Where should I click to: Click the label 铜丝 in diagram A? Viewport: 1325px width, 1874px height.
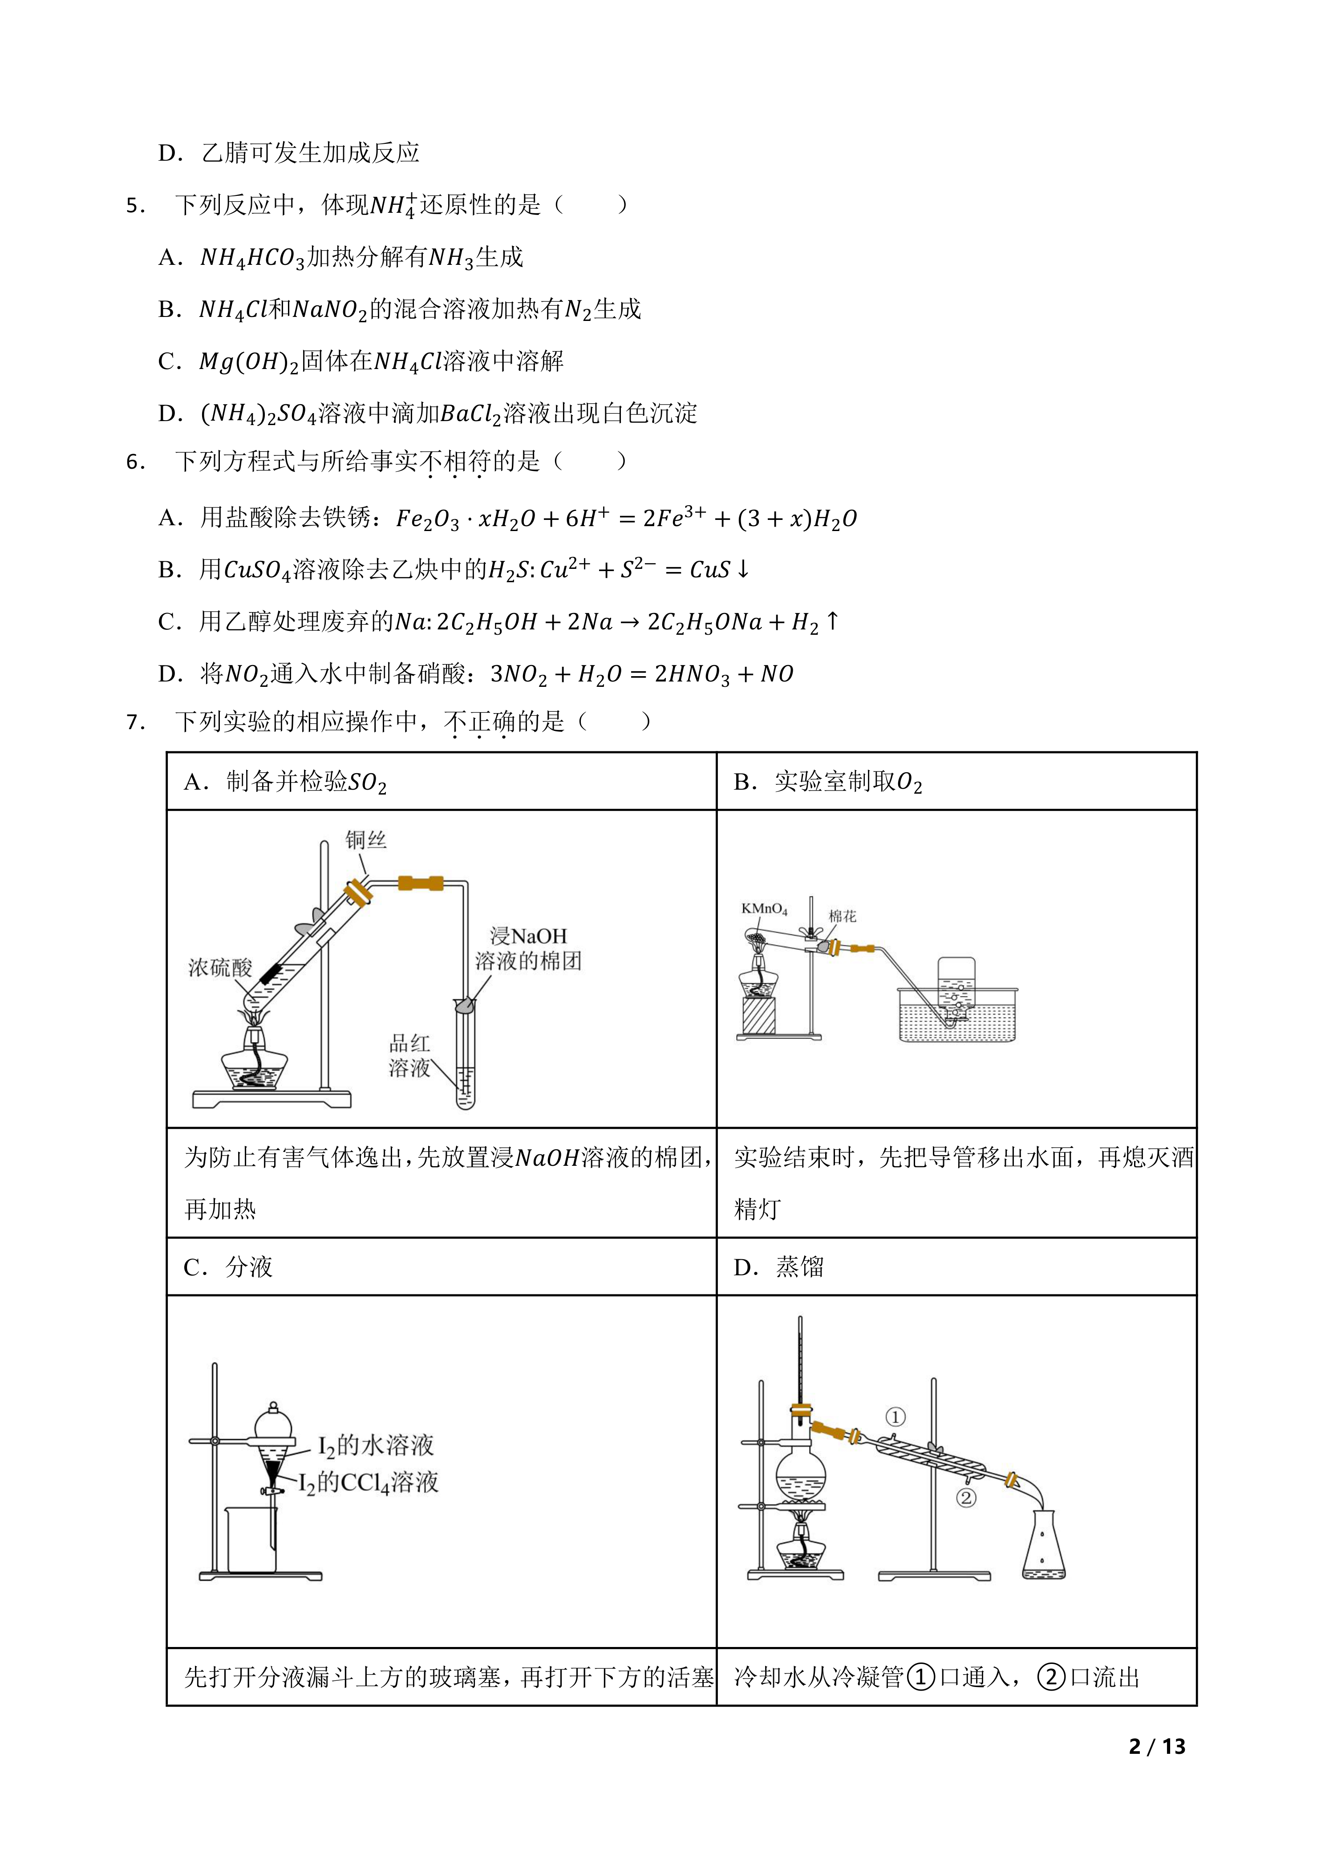coord(365,840)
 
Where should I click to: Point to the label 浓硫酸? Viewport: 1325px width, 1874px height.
coord(220,968)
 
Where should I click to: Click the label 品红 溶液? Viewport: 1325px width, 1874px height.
coord(409,1055)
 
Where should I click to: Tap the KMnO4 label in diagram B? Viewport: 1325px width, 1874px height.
coord(764,909)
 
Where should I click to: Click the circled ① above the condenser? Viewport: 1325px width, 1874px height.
coord(895,1417)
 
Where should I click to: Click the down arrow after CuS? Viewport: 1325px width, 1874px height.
coord(742,570)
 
